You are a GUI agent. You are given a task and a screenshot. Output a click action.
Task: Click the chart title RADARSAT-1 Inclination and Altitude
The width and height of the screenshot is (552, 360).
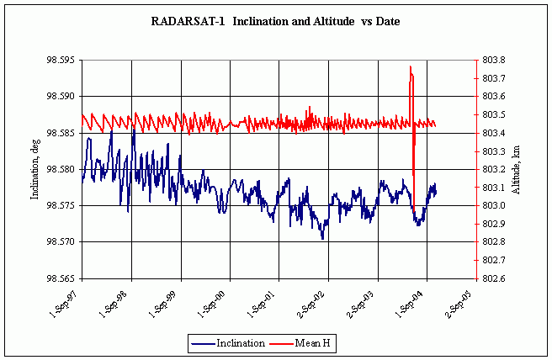pyautogui.click(x=275, y=20)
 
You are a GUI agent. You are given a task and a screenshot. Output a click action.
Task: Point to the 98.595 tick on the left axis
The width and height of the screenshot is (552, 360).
pyautogui.click(x=61, y=61)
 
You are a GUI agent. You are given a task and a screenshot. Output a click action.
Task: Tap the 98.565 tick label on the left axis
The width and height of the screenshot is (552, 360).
pyautogui.click(x=61, y=278)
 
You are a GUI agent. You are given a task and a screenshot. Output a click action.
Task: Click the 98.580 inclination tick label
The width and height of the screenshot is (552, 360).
pyautogui.click(x=61, y=169)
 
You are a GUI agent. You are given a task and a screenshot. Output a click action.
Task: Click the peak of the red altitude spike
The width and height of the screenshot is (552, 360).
pyautogui.click(x=411, y=66)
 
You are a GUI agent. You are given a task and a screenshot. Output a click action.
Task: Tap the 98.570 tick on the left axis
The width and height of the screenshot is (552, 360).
pyautogui.click(x=61, y=241)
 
